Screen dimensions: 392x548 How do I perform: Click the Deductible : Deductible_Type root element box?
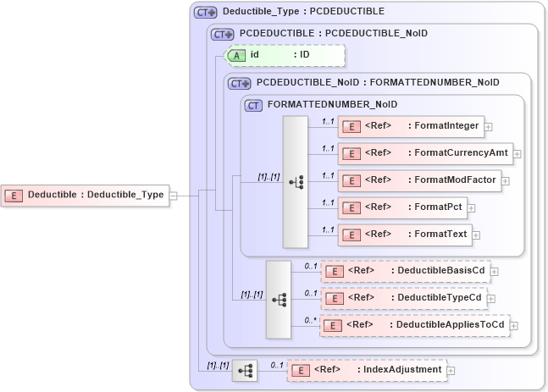coord(85,195)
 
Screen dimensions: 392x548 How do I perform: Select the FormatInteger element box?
coord(411,127)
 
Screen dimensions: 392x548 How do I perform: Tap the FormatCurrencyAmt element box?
coord(424,154)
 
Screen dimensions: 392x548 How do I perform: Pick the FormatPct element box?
coord(401,207)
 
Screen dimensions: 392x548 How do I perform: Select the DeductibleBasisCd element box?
coord(405,272)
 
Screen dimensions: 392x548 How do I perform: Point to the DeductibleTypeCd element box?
coord(403,298)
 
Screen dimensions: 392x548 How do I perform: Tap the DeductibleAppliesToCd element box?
coord(414,325)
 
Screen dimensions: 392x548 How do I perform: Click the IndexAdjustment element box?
coord(366,370)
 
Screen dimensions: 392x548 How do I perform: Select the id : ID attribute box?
coord(284,55)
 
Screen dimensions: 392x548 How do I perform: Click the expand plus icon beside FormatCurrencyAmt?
coord(517,154)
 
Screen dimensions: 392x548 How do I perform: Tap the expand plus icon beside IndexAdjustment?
coord(451,370)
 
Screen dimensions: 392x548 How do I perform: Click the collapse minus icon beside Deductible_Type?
coord(173,195)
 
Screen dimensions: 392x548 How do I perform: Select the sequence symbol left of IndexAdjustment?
coord(245,370)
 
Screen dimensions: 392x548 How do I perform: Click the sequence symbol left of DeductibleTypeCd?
coord(279,299)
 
